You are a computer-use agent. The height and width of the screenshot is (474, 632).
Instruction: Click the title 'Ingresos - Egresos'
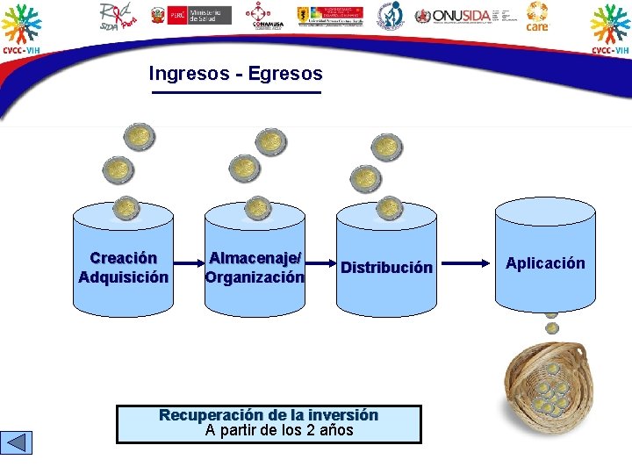(x=235, y=75)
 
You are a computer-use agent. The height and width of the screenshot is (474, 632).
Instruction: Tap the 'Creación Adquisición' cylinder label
(x=123, y=268)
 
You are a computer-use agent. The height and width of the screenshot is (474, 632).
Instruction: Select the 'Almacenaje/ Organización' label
(x=255, y=267)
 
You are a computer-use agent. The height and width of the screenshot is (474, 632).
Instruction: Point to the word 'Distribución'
(x=386, y=268)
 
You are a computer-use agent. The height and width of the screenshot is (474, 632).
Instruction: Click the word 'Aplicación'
(x=544, y=263)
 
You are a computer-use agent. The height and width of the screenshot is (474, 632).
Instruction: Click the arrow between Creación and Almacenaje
(x=188, y=262)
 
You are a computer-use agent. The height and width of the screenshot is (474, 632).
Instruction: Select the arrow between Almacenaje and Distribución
(x=320, y=262)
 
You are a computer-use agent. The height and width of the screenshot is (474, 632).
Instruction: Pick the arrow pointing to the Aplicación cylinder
(x=464, y=262)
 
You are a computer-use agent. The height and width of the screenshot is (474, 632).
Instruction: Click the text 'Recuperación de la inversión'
(x=268, y=415)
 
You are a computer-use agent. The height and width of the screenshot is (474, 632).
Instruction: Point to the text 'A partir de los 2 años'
(x=278, y=430)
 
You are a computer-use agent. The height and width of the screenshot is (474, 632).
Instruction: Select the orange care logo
(x=537, y=16)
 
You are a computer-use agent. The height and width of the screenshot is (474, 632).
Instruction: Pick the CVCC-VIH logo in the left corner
(x=20, y=28)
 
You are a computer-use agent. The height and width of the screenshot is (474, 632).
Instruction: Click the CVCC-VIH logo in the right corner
(x=610, y=28)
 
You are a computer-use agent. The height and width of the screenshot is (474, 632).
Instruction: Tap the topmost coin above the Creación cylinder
(x=138, y=137)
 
